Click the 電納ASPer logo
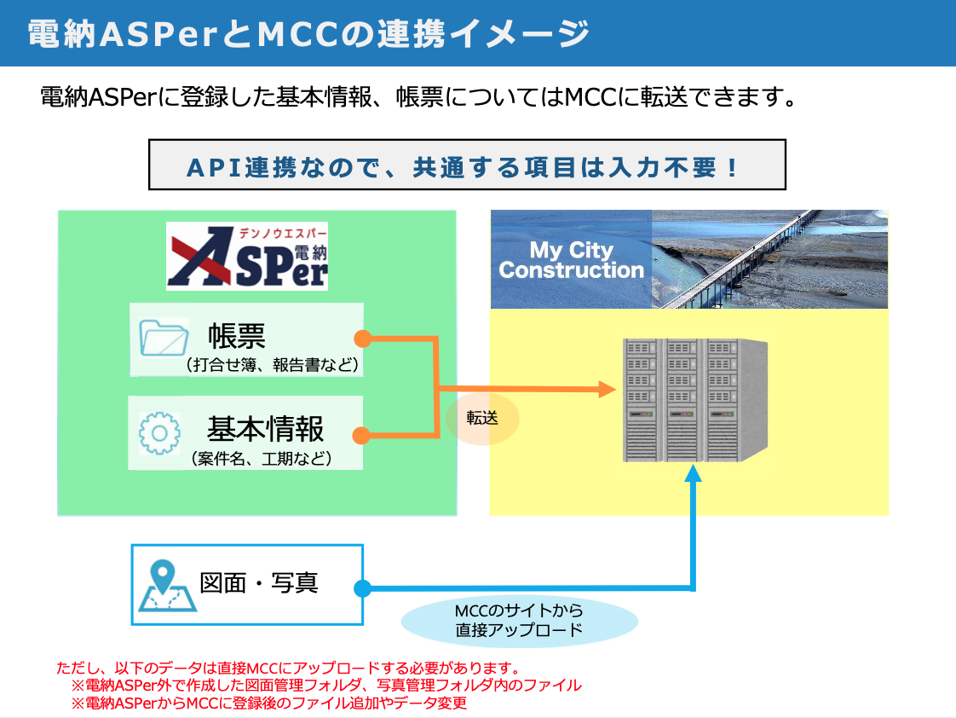[247, 256]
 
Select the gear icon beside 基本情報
[159, 433]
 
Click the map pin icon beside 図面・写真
[168, 585]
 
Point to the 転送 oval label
[482, 419]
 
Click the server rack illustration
[694, 400]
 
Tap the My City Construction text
[571, 260]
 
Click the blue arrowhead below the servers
[694, 474]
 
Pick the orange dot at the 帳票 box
[362, 338]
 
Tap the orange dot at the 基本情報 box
[361, 436]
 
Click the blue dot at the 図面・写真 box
[362, 588]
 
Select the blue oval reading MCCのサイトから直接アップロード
[519, 621]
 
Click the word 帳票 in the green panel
[236, 335]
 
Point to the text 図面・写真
[259, 583]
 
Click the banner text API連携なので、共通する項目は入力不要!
[467, 165]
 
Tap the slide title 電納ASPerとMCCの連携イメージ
[308, 33]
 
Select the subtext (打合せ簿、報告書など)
[272, 365]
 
